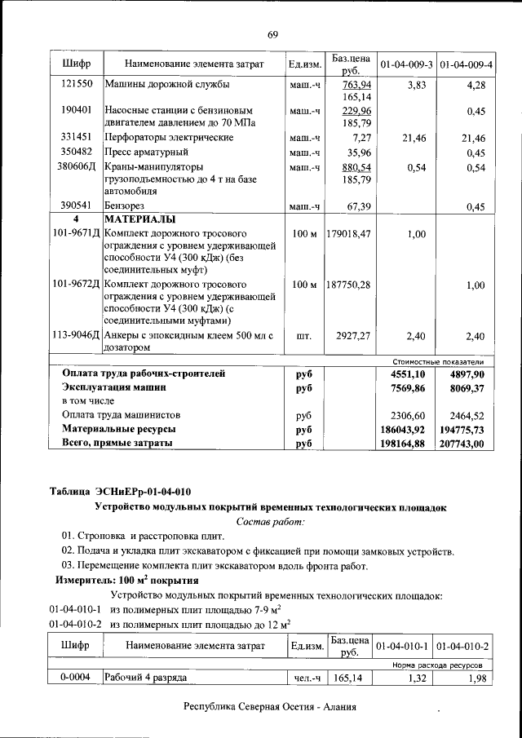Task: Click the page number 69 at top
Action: [x=272, y=33]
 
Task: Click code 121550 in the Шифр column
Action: [x=76, y=85]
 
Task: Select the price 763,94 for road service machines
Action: [x=356, y=85]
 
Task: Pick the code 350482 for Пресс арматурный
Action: [x=76, y=152]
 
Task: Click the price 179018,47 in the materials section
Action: [x=348, y=234]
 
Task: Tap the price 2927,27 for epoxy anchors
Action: [x=353, y=334]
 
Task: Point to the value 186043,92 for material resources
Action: [x=404, y=429]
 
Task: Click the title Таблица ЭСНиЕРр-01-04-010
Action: [x=121, y=491]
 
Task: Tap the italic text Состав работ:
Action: [x=270, y=521]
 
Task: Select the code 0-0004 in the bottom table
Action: [x=76, y=677]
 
